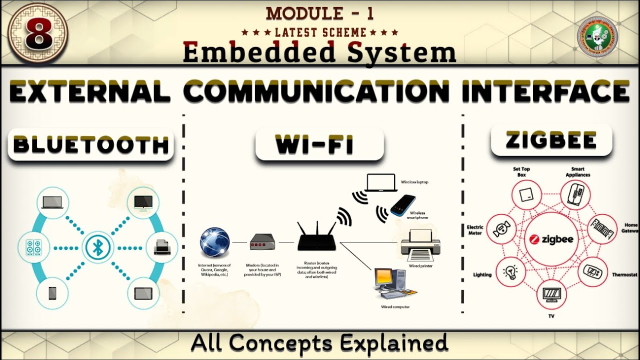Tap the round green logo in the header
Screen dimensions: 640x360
(x=597, y=37)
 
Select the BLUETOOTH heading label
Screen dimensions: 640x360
(x=91, y=145)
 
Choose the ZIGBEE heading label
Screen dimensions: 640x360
(x=551, y=140)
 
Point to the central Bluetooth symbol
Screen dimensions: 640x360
(x=97, y=247)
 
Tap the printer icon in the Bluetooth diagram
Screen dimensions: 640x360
(x=162, y=247)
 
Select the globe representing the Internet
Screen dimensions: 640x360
(x=214, y=242)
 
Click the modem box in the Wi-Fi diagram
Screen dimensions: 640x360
(x=262, y=243)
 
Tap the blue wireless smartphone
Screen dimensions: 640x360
(x=403, y=205)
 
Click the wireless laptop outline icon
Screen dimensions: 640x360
(x=382, y=183)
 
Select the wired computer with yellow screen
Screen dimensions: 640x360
(x=390, y=283)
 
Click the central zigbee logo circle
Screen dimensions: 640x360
(x=551, y=239)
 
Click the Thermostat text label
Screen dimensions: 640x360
(x=624, y=275)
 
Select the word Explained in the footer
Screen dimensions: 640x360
(x=395, y=343)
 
